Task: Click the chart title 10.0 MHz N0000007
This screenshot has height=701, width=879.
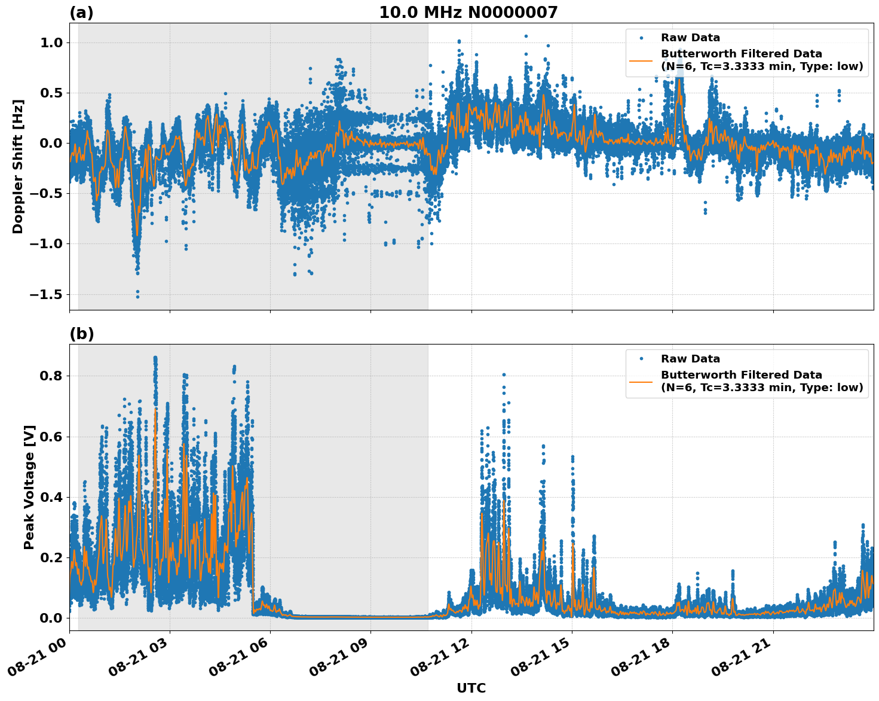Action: [x=468, y=13]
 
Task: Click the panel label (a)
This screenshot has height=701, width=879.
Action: [x=81, y=13]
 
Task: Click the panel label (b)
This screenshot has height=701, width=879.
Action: [x=81, y=334]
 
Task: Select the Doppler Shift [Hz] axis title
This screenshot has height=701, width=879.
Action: [x=18, y=166]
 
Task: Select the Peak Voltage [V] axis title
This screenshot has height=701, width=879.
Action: [x=29, y=487]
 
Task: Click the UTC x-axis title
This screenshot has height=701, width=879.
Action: [x=471, y=688]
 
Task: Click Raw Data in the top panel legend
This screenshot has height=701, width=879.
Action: [x=690, y=38]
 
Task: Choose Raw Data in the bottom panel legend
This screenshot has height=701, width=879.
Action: [x=690, y=359]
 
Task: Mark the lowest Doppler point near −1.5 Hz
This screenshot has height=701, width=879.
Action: [x=137, y=297]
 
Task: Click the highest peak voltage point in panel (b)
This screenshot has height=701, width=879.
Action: [x=155, y=358]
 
